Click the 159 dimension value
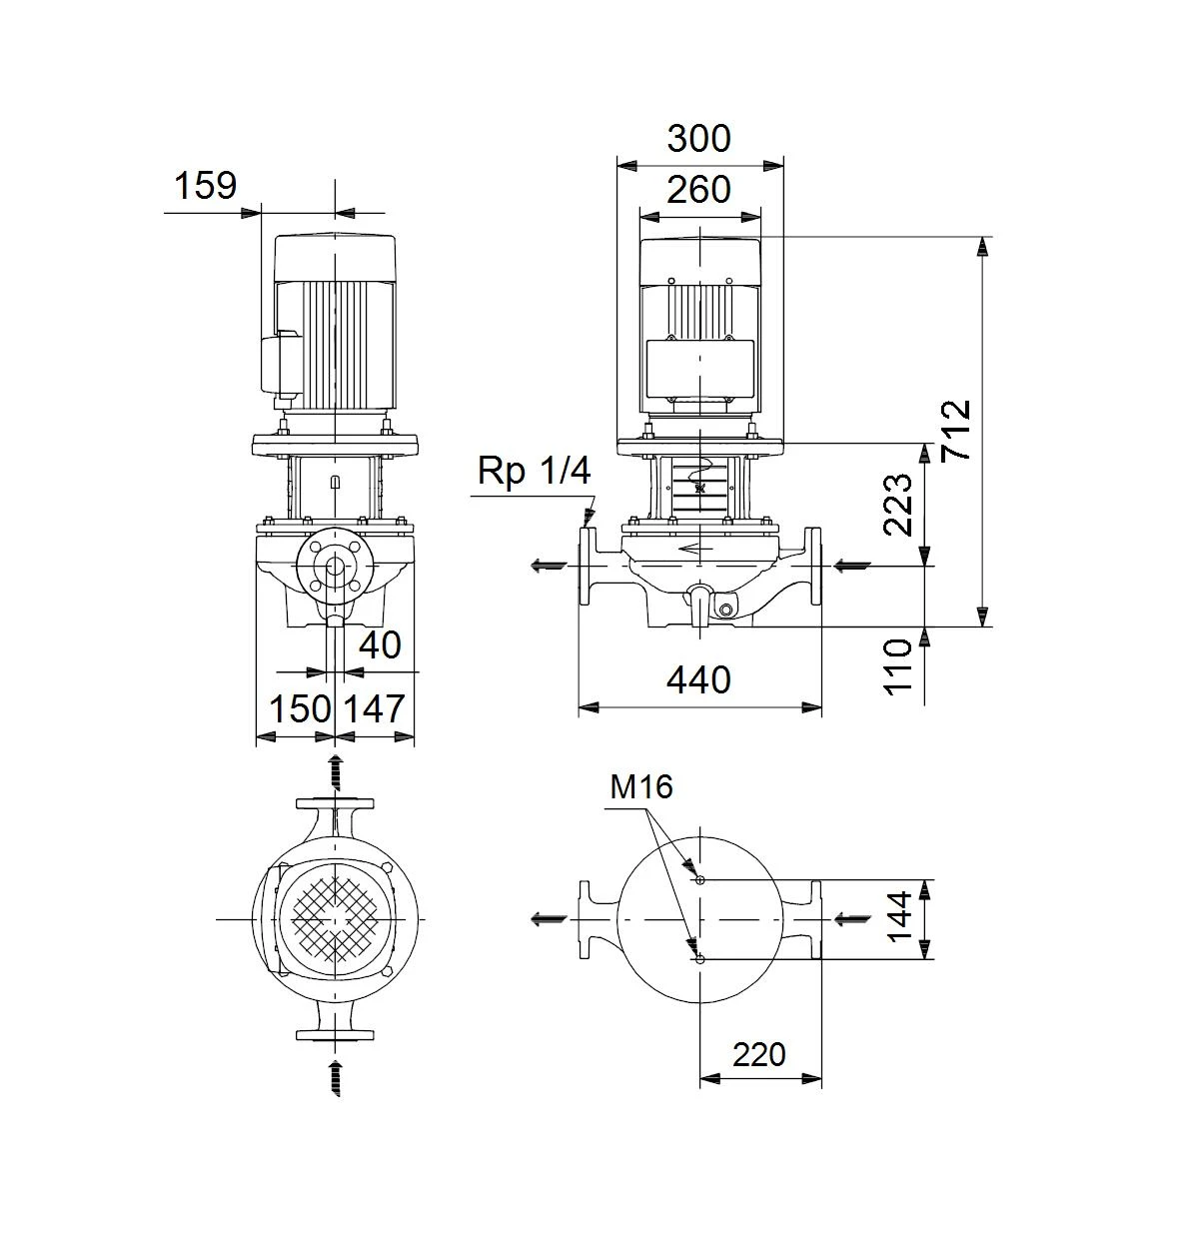click(x=206, y=186)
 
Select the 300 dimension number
click(x=698, y=138)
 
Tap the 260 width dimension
click(x=698, y=190)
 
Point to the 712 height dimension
click(x=956, y=430)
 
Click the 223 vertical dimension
click(x=897, y=505)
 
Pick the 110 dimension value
click(x=898, y=666)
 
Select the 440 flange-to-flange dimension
click(x=698, y=680)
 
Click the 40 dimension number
click(x=380, y=644)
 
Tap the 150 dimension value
click(x=300, y=709)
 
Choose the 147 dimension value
click(x=374, y=709)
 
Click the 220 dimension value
click(x=759, y=1054)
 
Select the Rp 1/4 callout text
click(x=534, y=472)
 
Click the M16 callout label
click(x=640, y=786)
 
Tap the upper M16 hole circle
click(x=700, y=879)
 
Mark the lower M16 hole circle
click(x=700, y=959)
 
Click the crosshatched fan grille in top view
click(x=336, y=919)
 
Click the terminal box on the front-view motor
click(x=699, y=369)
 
